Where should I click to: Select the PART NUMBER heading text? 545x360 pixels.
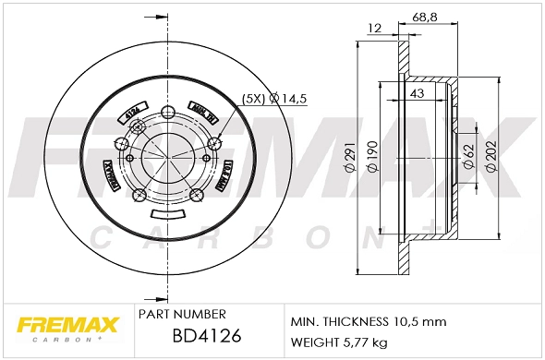(x=183, y=314)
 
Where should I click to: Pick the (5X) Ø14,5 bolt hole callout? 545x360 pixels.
(x=274, y=97)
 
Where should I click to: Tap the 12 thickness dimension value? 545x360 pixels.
(x=374, y=29)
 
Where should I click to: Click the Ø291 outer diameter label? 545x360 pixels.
(x=351, y=159)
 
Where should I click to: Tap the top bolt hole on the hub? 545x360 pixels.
(x=167, y=111)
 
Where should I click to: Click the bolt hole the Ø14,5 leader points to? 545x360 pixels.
(x=215, y=141)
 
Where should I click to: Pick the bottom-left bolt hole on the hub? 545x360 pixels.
(x=139, y=195)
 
